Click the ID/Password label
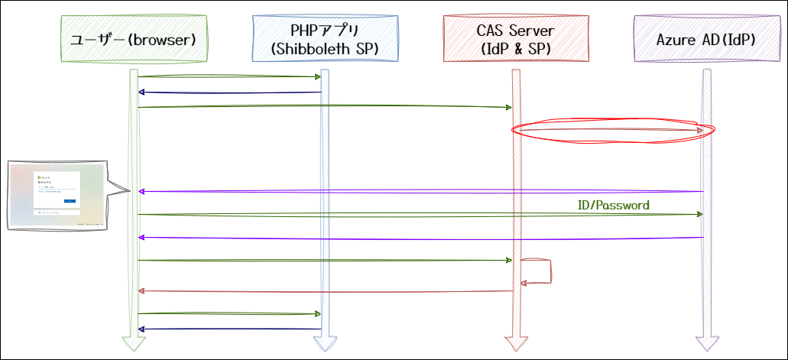614,205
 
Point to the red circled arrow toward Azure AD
611,131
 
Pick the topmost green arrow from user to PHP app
229,76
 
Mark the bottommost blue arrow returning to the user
229,329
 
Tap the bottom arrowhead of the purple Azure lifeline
707,341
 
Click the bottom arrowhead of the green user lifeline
134,341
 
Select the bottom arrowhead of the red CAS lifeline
516,341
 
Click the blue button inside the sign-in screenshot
70,200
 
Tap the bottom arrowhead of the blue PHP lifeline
325,341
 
